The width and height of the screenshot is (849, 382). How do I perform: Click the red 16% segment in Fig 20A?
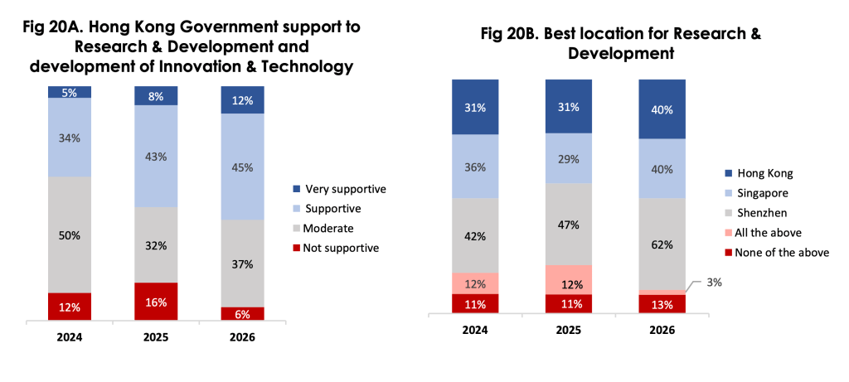tap(156, 302)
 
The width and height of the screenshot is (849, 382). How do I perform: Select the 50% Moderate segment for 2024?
tap(69, 235)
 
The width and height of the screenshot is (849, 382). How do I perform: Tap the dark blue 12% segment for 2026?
tap(242, 99)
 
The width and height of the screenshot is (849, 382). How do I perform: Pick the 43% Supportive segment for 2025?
tap(156, 156)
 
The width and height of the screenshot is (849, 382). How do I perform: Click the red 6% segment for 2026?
tap(242, 313)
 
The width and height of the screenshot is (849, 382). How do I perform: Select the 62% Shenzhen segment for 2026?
tap(662, 244)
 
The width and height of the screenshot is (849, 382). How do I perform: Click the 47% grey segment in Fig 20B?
tap(569, 224)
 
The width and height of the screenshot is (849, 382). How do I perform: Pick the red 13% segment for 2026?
tap(662, 304)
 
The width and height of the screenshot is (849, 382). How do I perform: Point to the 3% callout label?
tap(714, 283)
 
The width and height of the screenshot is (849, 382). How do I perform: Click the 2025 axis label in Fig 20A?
tap(156, 337)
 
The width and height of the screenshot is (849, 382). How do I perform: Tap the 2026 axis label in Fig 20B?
tap(662, 329)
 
